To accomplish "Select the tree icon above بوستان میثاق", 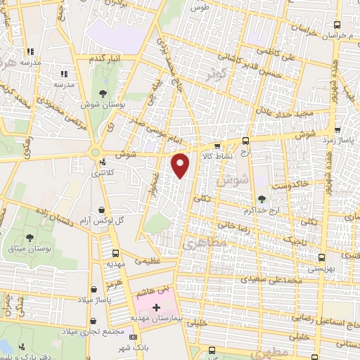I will (x=30, y=238).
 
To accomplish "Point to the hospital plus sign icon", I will (x=156, y=308).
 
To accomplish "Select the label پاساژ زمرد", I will (x=339, y=141).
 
